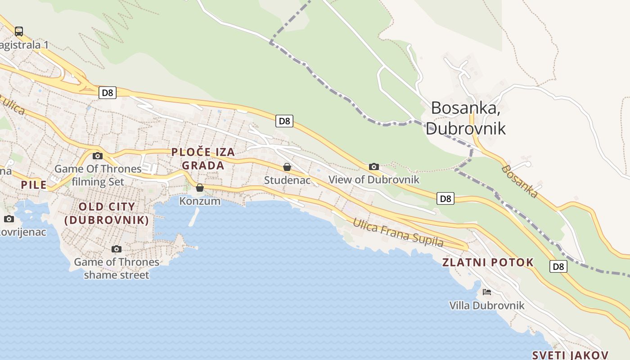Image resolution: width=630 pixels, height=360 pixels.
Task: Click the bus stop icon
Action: (19, 31)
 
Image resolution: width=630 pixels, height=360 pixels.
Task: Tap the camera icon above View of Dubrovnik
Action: (373, 167)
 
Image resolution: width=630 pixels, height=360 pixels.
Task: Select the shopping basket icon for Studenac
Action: (287, 167)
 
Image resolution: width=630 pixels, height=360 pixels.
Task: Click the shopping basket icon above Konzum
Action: (200, 188)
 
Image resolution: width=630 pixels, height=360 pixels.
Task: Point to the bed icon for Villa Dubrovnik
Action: (486, 292)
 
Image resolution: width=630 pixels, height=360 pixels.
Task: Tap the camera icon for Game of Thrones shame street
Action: (117, 249)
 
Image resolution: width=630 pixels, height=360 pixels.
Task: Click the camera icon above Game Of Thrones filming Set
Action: (98, 156)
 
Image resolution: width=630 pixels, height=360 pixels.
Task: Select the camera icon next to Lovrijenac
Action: (9, 219)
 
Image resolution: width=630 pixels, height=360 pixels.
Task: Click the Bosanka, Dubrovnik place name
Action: (466, 118)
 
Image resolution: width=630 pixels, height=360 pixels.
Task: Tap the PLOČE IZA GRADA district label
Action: (203, 158)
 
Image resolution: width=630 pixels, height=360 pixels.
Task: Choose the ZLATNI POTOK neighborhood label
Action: (488, 262)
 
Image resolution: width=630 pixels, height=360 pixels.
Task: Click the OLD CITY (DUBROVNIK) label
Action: (107, 213)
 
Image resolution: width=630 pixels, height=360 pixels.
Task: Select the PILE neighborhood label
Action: (34, 184)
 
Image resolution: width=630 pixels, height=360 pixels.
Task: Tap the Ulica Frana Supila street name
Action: (398, 233)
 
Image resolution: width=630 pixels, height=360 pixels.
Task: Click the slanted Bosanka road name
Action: (520, 181)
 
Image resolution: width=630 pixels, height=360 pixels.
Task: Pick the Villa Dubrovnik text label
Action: (487, 306)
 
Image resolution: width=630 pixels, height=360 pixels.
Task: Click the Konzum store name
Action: (200, 201)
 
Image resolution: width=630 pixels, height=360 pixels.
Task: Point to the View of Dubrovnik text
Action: (373, 180)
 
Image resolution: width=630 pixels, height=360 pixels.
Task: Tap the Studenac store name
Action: (287, 180)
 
